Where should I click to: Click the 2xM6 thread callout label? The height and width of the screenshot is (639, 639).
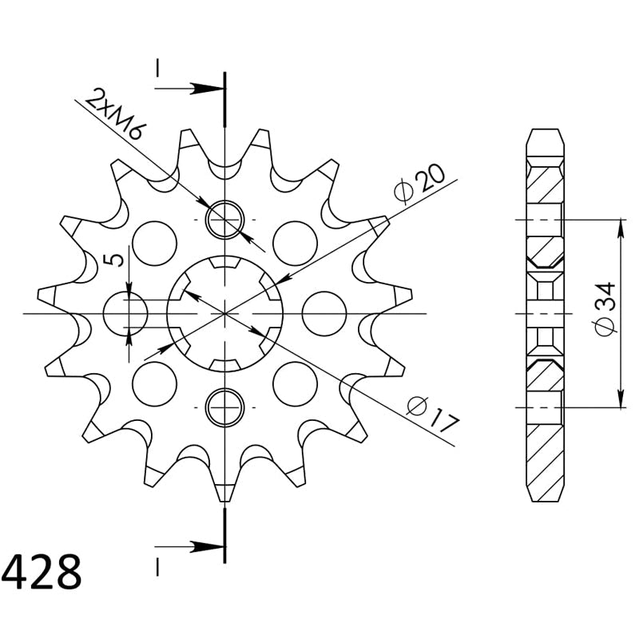(x=115, y=114)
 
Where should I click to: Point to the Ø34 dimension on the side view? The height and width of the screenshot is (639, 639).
(x=605, y=308)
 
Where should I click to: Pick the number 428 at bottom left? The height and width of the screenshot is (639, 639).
(x=42, y=572)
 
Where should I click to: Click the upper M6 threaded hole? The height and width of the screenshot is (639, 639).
(x=225, y=220)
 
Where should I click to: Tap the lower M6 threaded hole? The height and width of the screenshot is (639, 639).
(x=225, y=407)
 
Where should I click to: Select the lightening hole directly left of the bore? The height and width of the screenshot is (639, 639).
(x=125, y=314)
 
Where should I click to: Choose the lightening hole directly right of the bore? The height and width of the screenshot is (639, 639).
(x=324, y=314)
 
